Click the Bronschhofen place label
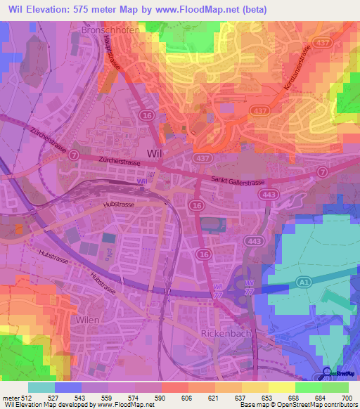pyautogui.click(x=110, y=31)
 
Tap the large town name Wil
pyautogui.click(x=155, y=153)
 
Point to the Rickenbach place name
pyautogui.click(x=226, y=333)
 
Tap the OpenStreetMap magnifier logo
pyautogui.click(x=326, y=372)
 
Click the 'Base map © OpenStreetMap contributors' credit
pyautogui.click(x=297, y=405)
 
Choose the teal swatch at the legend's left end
pyautogui.click(x=41, y=387)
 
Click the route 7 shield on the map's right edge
pyautogui.click(x=322, y=171)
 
